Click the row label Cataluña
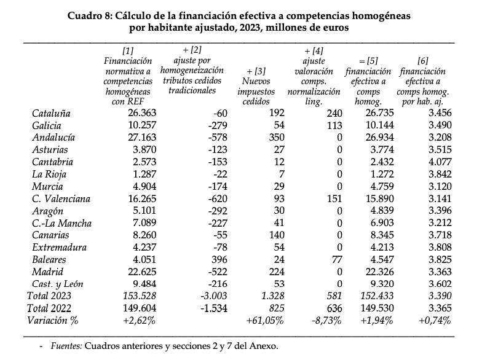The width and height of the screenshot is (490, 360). tap(51, 113)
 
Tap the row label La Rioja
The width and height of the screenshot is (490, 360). tap(49, 174)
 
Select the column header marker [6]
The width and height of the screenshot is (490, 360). tap(422, 60)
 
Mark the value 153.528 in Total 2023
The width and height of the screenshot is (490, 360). tap(135, 295)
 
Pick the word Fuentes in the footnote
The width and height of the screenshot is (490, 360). tap(66, 346)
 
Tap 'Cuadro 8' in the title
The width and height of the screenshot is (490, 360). tap(92, 15)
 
